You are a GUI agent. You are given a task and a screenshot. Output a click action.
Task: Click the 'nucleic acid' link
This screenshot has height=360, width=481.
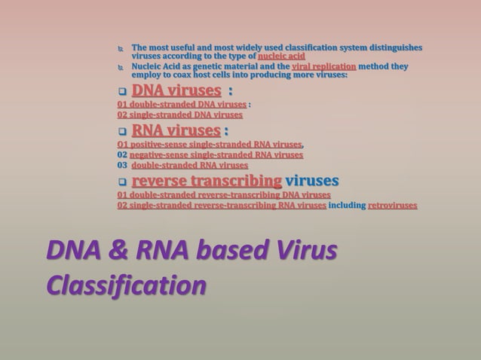(281, 56)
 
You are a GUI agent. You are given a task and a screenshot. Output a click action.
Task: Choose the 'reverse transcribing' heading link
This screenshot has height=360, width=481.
(207, 181)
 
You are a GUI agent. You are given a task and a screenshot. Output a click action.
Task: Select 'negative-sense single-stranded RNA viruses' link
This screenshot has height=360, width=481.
(216, 155)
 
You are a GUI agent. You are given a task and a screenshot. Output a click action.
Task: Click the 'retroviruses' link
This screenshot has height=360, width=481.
(391, 204)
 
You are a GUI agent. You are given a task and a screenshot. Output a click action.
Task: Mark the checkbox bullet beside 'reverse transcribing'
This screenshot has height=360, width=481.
(122, 182)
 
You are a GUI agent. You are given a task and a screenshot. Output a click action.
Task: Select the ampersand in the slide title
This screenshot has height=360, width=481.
(114, 252)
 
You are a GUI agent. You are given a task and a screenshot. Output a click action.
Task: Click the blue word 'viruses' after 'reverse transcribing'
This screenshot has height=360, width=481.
(312, 181)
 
